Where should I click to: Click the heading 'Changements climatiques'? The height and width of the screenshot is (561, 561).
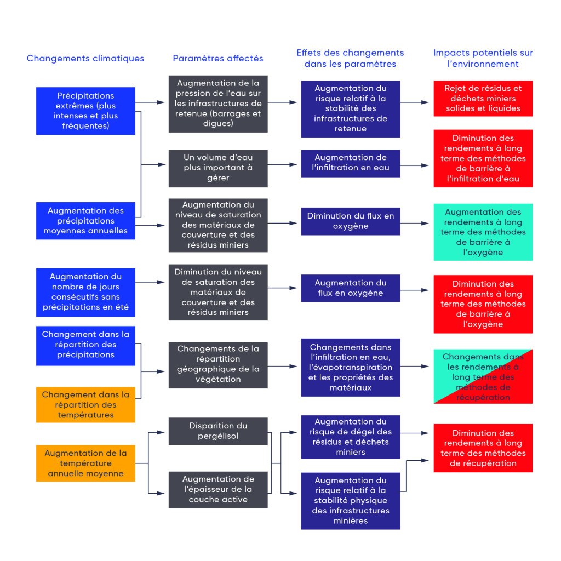click(x=85, y=59)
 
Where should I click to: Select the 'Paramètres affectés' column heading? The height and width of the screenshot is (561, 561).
click(x=218, y=59)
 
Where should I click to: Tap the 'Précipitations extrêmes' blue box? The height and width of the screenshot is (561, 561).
click(x=85, y=111)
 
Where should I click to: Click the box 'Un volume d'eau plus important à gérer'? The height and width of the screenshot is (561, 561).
click(x=218, y=168)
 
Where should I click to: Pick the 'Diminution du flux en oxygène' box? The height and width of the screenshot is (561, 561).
click(x=351, y=221)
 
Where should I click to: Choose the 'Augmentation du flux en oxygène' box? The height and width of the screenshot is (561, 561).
click(x=351, y=288)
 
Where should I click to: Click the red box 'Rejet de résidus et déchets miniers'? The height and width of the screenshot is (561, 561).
click(x=483, y=99)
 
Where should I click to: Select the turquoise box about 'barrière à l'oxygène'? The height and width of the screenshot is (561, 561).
click(x=483, y=232)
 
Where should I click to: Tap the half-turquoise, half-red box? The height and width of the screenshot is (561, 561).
click(x=483, y=377)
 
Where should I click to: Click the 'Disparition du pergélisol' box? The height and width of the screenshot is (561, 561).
click(x=218, y=431)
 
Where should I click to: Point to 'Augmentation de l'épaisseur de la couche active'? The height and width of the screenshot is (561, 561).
click(x=218, y=489)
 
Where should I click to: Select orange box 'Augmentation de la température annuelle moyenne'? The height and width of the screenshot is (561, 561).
click(x=85, y=463)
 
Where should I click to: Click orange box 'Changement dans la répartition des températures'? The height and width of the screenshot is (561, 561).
click(x=85, y=405)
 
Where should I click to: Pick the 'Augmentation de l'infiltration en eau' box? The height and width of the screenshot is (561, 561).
click(x=351, y=163)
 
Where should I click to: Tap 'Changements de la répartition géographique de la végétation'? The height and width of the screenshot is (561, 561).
click(x=218, y=364)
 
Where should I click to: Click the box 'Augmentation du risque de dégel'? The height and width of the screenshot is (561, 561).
click(x=351, y=437)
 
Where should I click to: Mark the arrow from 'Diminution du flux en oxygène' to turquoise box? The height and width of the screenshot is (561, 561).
click(x=416, y=224)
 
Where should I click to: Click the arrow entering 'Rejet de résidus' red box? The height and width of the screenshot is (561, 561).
click(x=416, y=102)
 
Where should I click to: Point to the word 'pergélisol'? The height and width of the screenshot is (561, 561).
click(x=218, y=436)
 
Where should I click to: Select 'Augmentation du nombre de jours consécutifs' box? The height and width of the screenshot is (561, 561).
click(x=85, y=292)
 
